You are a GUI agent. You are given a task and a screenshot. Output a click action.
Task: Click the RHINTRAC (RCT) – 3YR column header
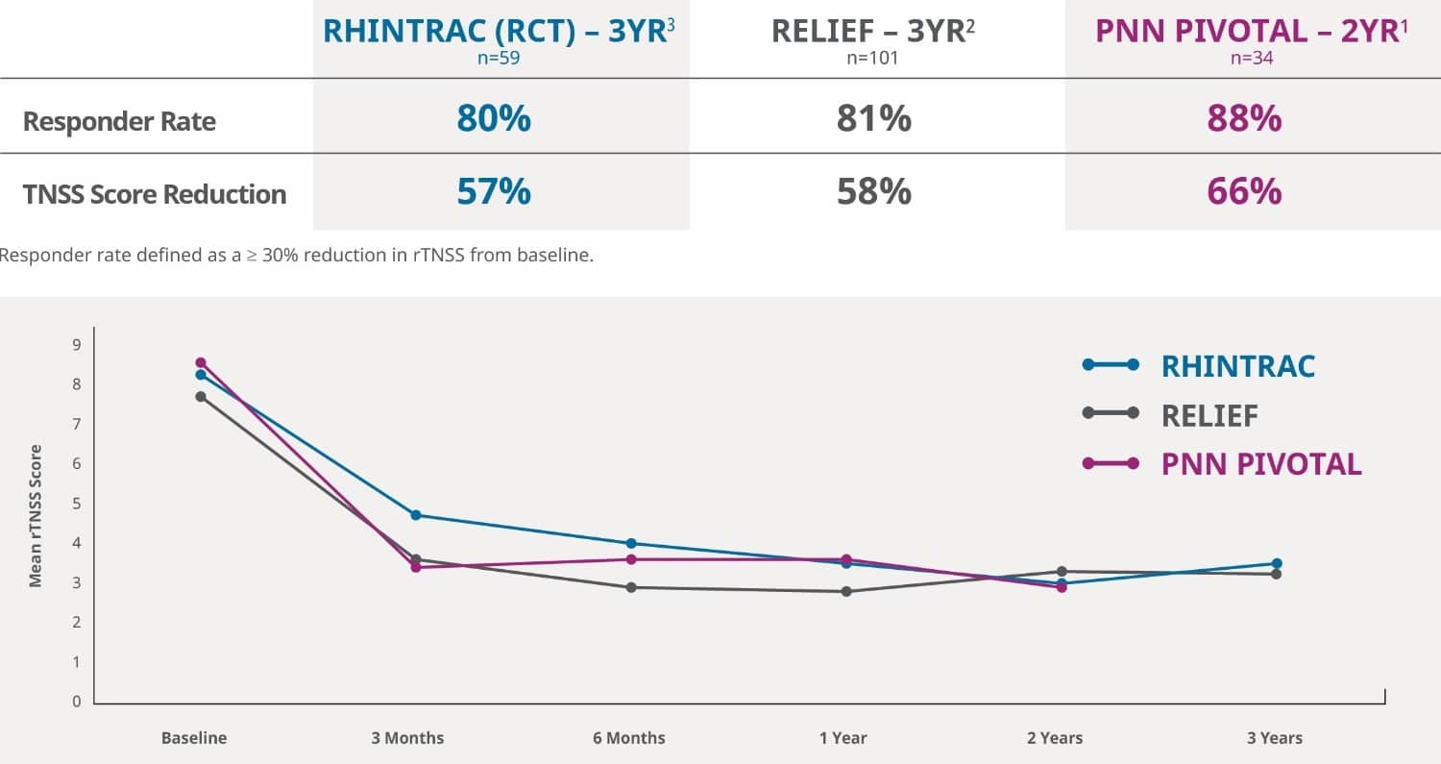[501, 31]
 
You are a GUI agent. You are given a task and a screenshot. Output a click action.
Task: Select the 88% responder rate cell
[1244, 119]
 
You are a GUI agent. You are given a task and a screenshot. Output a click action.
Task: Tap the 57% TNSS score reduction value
[494, 192]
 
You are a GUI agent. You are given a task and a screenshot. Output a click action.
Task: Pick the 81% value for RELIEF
[873, 119]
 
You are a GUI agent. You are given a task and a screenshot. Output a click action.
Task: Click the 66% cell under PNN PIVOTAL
[1244, 192]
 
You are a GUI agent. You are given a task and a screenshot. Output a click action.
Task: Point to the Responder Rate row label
[119, 122]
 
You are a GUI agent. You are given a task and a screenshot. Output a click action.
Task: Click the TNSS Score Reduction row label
[155, 194]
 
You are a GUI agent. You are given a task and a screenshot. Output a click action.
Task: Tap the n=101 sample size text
[873, 58]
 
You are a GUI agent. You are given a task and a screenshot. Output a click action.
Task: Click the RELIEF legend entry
[1209, 415]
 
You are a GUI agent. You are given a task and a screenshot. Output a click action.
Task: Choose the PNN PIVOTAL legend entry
[1260, 464]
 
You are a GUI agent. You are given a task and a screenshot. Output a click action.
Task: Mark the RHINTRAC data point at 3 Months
[416, 515]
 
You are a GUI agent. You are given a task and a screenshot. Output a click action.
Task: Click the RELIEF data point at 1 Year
[846, 591]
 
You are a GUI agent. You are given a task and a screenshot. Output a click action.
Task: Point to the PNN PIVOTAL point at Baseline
[201, 362]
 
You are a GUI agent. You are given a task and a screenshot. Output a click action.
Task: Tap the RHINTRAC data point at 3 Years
[1277, 563]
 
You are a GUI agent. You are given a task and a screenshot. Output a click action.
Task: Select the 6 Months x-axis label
[629, 738]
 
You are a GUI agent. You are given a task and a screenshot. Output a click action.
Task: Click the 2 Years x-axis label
[1054, 738]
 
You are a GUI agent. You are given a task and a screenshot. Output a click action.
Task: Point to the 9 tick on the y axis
[77, 344]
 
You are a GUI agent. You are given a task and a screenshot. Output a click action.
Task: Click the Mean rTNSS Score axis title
[36, 515]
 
